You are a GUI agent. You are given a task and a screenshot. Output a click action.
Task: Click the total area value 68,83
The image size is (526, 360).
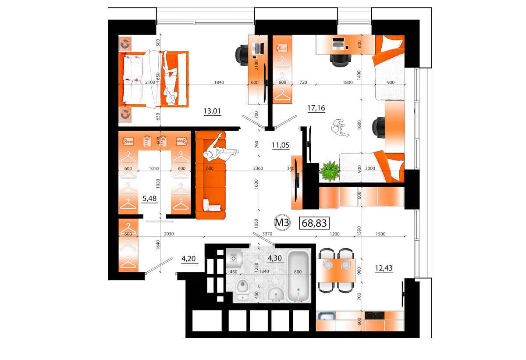pos(314,223)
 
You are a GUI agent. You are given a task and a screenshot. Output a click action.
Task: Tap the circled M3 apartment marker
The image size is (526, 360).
pos(282,222)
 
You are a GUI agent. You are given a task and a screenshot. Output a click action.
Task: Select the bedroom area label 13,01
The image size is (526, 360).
pos(212,111)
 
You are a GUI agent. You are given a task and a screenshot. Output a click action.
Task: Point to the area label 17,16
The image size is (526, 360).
pos(316,108)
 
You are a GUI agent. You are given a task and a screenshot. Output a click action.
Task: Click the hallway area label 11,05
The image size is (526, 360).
pos(281,145)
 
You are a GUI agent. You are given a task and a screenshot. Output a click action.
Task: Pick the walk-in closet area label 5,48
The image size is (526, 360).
pos(149,199)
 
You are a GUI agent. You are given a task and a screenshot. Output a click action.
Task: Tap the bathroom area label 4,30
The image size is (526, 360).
pos(274,258)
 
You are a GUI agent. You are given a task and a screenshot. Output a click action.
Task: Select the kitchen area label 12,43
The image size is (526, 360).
pos(384,268)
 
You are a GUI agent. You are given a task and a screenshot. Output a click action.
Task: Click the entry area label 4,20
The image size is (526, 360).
pos(188,259)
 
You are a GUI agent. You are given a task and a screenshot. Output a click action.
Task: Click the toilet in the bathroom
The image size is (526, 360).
pos(242,289)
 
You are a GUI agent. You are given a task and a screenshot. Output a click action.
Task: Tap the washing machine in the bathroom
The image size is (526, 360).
pos(234,259)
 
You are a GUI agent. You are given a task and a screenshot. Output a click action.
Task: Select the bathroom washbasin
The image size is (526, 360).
pos(276,293)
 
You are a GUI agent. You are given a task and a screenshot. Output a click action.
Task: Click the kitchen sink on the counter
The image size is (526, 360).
pos(326,316)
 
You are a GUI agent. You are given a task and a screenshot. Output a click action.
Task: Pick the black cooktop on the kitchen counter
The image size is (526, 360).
pos(374,315)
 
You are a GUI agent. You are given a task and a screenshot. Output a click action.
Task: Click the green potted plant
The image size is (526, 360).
pos(330,171)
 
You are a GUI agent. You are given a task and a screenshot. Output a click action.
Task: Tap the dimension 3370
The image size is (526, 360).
pos(267,234)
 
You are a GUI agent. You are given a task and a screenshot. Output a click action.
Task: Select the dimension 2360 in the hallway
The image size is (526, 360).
pos(258,168)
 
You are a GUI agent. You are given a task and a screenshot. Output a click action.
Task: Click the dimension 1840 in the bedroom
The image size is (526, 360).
pos(219,82)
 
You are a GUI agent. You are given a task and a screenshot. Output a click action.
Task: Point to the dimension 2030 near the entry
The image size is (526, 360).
pos(169,234)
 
